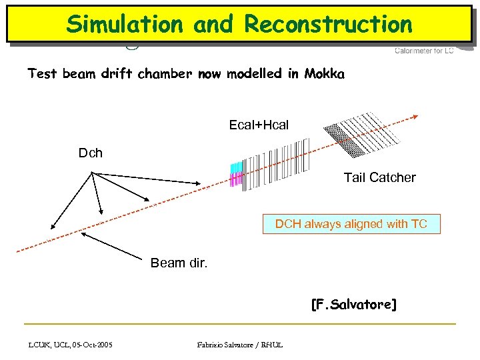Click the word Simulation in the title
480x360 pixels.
click(125, 24)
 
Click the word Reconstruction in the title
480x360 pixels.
click(329, 24)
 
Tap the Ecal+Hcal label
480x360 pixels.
click(259, 125)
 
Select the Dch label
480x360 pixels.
click(91, 153)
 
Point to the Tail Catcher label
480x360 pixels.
click(379, 177)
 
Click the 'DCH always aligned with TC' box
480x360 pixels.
click(351, 224)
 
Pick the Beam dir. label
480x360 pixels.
click(179, 263)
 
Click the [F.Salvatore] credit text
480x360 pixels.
click(353, 305)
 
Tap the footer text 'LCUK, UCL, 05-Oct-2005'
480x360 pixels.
click(71, 344)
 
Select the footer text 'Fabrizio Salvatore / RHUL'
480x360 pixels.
click(240, 344)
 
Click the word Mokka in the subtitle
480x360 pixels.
click(324, 74)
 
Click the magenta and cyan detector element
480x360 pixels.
click(235, 174)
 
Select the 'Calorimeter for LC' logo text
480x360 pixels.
click(424, 51)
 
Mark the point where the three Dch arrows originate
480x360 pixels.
click(91, 173)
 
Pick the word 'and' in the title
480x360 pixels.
click(213, 24)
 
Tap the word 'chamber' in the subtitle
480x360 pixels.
click(163, 74)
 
